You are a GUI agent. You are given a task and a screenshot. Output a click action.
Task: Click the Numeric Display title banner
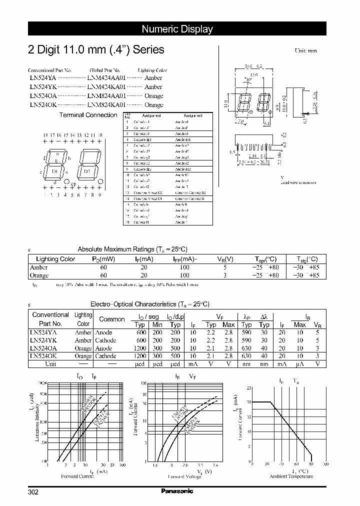pos(177,29)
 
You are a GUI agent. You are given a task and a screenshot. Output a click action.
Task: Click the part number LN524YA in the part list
pos(42,78)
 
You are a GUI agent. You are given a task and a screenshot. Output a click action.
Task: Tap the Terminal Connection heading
pos(88,115)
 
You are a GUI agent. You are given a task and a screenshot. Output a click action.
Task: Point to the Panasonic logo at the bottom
pos(177,491)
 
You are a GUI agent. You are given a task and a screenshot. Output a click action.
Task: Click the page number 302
pos(33,491)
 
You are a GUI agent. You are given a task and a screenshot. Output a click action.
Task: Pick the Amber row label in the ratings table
pos(39,267)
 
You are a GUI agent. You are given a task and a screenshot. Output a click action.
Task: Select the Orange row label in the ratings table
pos(39,275)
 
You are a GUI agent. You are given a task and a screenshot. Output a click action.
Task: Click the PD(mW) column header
pos(103,259)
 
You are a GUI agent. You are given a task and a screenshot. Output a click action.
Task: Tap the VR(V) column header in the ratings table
pos(225,259)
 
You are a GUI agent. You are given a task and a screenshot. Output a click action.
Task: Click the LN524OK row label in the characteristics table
pos(44,356)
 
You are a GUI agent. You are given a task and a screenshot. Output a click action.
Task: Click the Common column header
pos(112,319)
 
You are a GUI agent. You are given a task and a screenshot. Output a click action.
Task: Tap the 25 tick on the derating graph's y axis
pos(248,388)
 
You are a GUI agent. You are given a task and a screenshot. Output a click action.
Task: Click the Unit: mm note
pos(305,51)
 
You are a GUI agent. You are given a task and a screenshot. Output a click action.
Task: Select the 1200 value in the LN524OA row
pos(140,348)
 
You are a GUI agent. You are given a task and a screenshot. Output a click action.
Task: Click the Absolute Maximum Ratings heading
pos(132,249)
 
